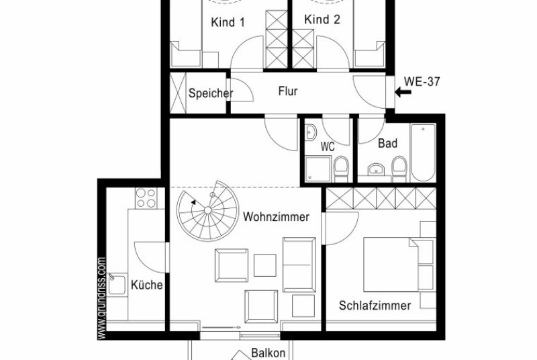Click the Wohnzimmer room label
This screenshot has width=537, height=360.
click(276, 217)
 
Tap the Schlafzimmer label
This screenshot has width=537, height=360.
click(375, 305)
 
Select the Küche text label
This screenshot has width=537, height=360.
click(146, 285)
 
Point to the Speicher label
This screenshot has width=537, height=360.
click(211, 93)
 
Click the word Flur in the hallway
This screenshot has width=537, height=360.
click(288, 91)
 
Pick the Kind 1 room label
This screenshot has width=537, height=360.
click(228, 23)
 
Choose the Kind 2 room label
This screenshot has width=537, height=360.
click(322, 19)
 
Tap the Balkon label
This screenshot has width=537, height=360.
click(268, 353)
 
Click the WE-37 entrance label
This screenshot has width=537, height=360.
click(422, 81)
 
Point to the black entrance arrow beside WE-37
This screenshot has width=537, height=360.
click(403, 92)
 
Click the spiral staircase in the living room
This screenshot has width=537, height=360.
click(208, 210)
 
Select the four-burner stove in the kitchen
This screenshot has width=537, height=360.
click(146, 198)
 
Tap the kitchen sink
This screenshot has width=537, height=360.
click(117, 284)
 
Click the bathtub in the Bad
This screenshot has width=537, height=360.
click(424, 152)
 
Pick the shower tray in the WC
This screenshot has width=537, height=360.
click(318, 169)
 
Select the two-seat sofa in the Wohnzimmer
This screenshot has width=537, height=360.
click(299, 265)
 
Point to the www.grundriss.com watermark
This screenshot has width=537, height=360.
click(102, 298)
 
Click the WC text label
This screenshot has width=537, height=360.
click(328, 147)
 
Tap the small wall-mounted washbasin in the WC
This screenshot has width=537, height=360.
click(311, 132)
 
